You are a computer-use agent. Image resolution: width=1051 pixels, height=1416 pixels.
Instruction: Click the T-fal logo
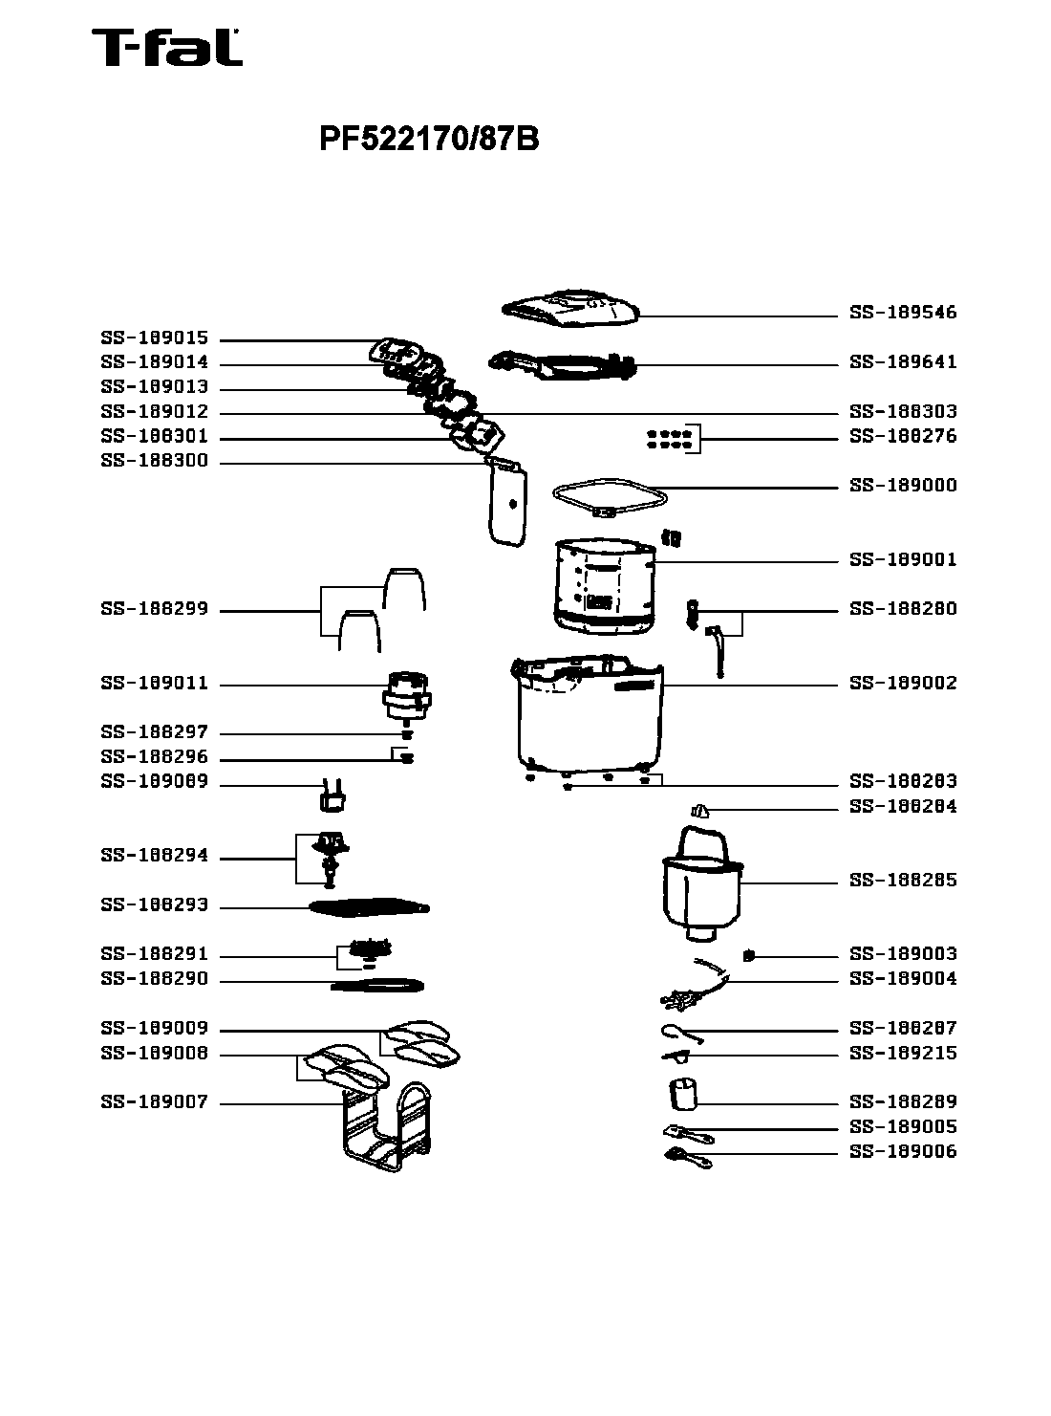(x=166, y=48)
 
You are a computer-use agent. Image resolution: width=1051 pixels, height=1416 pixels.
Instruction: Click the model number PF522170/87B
(x=429, y=140)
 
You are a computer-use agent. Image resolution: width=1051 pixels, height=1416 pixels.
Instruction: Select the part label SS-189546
(x=902, y=313)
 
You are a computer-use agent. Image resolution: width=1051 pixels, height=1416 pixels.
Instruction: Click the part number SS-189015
(x=154, y=338)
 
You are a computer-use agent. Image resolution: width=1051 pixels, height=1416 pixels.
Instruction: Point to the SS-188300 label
(x=154, y=461)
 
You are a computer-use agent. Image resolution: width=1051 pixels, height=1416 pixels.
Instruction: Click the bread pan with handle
(x=701, y=884)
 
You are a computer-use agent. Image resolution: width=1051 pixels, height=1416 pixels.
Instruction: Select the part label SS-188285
(x=902, y=881)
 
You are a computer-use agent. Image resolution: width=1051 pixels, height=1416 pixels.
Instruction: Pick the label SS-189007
(x=154, y=1102)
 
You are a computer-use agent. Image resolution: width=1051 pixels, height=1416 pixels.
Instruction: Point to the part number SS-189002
(x=902, y=684)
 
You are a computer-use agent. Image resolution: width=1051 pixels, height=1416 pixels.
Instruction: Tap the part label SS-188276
(x=902, y=436)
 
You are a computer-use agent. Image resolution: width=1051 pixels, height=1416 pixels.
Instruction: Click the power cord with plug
(x=696, y=987)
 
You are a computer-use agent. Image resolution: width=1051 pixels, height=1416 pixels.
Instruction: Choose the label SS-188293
(x=154, y=905)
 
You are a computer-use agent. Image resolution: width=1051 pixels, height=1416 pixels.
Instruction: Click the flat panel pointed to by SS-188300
(x=506, y=503)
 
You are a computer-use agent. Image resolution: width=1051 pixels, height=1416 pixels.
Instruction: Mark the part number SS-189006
(x=902, y=1152)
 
